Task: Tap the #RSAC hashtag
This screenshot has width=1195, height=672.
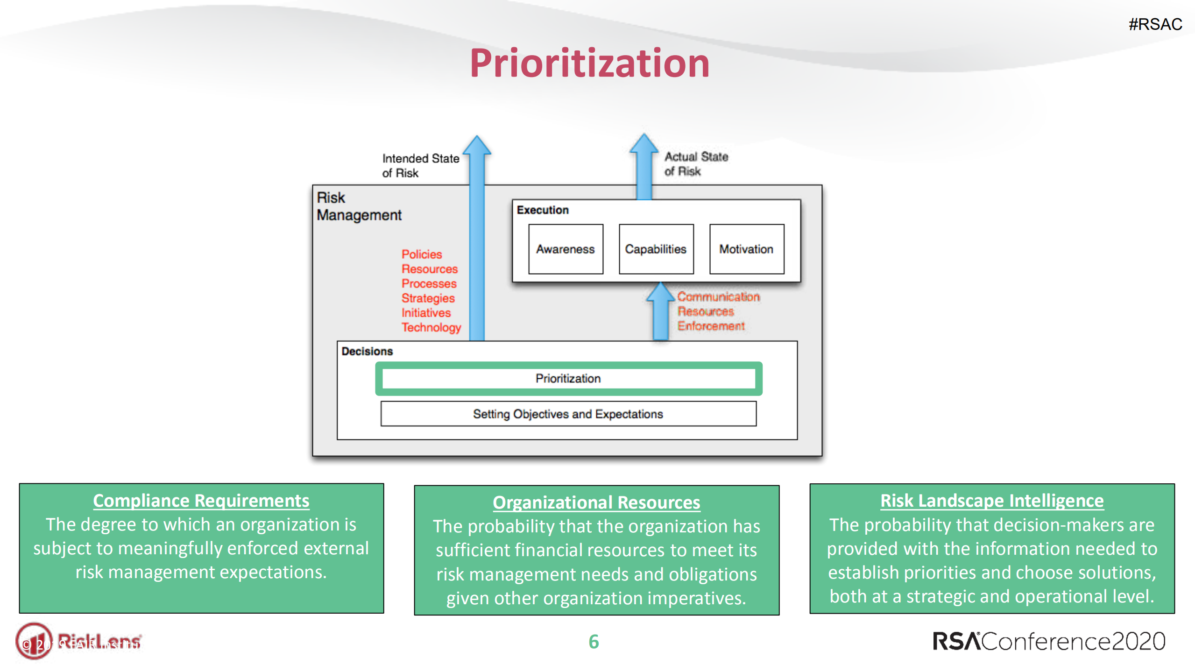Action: coord(1155,24)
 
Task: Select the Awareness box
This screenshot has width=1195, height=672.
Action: coord(565,249)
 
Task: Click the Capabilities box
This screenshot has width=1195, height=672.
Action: coord(656,249)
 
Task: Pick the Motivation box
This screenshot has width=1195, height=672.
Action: coord(746,249)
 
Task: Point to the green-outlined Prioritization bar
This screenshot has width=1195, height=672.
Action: coord(568,378)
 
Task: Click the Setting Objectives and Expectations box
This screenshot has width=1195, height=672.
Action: coord(568,414)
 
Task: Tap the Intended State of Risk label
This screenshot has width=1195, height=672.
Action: coord(420,165)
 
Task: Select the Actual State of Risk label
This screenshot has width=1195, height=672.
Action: coord(695,163)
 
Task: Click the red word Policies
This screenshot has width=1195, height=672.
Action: coord(421,254)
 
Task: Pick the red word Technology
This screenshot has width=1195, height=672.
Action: coord(431,327)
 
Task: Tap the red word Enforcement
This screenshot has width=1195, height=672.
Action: coord(711,326)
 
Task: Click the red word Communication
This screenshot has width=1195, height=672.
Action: coord(718,297)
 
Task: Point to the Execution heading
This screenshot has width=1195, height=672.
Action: coord(542,210)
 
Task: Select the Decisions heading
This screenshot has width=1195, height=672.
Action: coord(367,351)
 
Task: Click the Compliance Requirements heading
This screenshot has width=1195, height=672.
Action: coord(201,501)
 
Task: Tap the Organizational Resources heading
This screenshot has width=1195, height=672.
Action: coord(596,502)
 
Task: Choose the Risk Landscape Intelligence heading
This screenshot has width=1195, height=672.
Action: coord(991,501)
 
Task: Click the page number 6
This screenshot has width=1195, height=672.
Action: coord(593,642)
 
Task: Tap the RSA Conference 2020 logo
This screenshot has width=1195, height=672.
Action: coord(1048,641)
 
